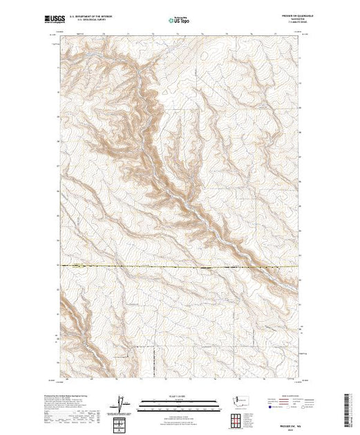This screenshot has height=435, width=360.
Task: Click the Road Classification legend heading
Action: pos(280,394)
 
